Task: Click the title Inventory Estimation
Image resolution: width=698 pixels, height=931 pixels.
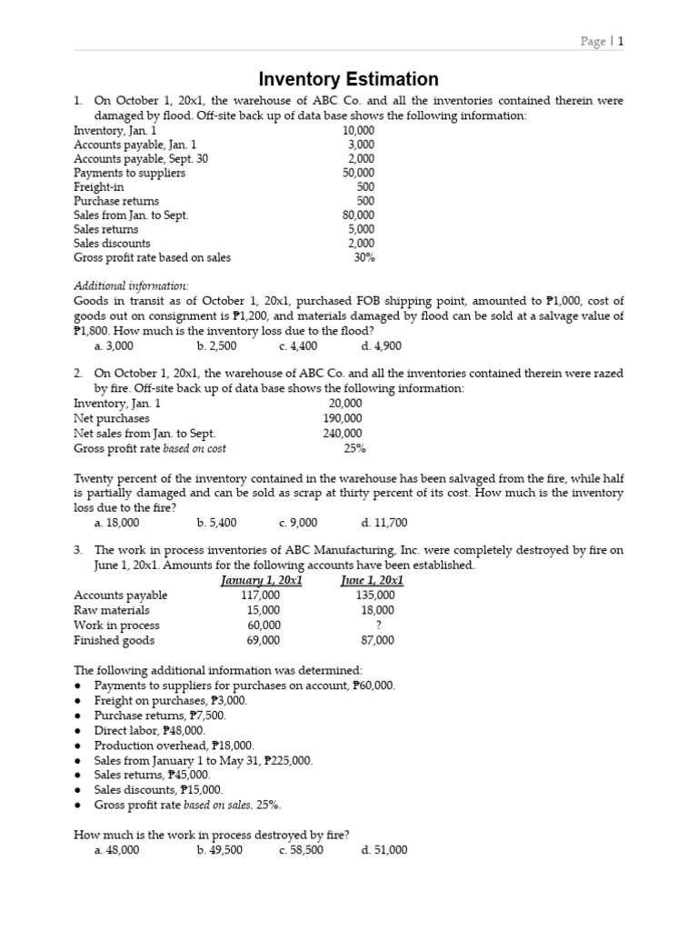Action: [349, 79]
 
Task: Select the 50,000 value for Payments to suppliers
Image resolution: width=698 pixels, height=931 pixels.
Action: [358, 173]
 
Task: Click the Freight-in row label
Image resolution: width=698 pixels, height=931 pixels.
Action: [99, 187]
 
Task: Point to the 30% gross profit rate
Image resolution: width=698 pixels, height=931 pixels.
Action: [364, 257]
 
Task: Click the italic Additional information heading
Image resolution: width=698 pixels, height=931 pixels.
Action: [131, 285]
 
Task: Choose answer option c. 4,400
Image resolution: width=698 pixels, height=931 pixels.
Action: [298, 346]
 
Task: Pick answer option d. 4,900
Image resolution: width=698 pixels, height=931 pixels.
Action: [381, 346]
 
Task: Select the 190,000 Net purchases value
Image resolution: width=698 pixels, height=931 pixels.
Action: [343, 418]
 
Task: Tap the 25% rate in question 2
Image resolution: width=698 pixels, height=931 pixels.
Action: [354, 448]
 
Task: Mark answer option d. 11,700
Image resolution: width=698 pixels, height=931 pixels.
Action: [384, 523]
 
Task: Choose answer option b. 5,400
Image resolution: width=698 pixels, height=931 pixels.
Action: [216, 523]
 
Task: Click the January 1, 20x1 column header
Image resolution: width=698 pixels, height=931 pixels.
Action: [262, 580]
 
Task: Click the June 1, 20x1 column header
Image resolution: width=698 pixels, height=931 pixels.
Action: [372, 580]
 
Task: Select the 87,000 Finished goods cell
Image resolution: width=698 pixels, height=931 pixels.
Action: [377, 640]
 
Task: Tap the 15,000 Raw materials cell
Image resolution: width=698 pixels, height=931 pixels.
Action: [264, 610]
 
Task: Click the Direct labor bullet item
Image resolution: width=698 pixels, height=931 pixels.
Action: [149, 730]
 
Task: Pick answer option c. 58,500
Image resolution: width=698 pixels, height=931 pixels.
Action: [301, 850]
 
